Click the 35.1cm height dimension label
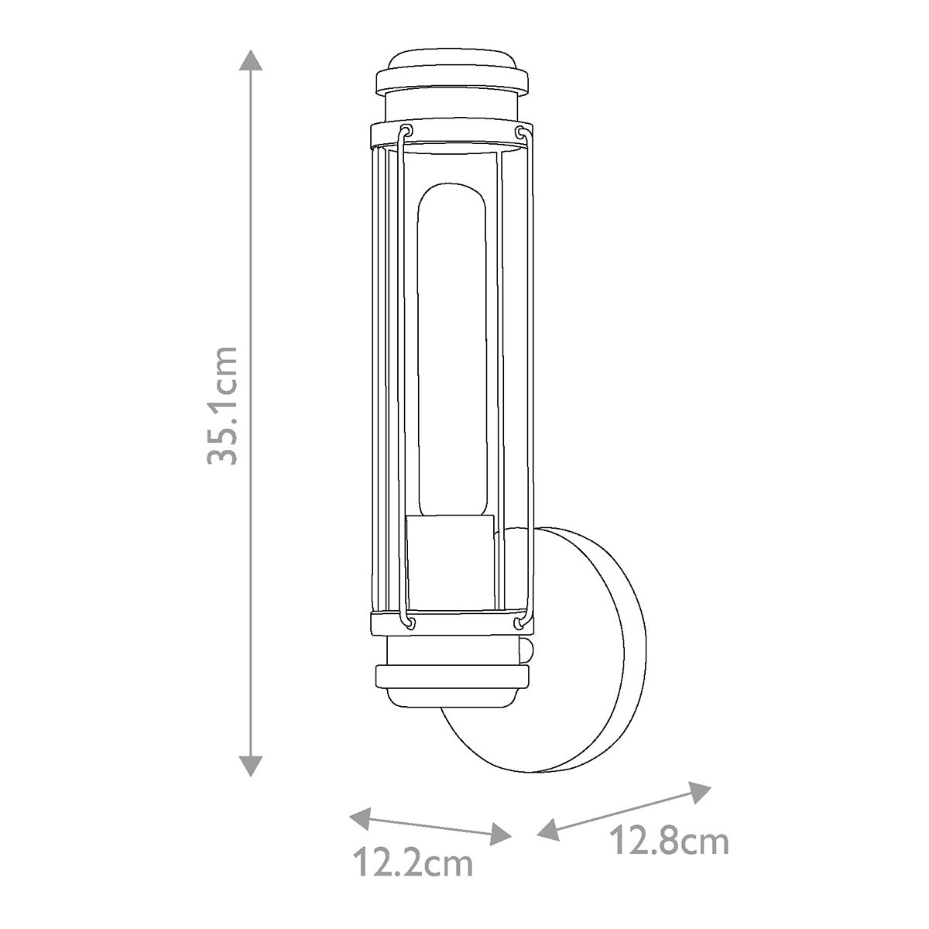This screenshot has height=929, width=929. pyautogui.click(x=223, y=405)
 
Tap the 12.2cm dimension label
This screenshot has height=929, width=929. pyautogui.click(x=413, y=864)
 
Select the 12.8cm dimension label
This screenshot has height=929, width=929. pyautogui.click(x=669, y=841)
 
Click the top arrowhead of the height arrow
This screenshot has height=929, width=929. pyautogui.click(x=249, y=60)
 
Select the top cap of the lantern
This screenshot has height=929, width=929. pyautogui.click(x=451, y=74)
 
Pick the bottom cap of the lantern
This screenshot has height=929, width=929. pyautogui.click(x=451, y=681)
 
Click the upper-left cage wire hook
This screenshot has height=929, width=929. pyautogui.click(x=405, y=131)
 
